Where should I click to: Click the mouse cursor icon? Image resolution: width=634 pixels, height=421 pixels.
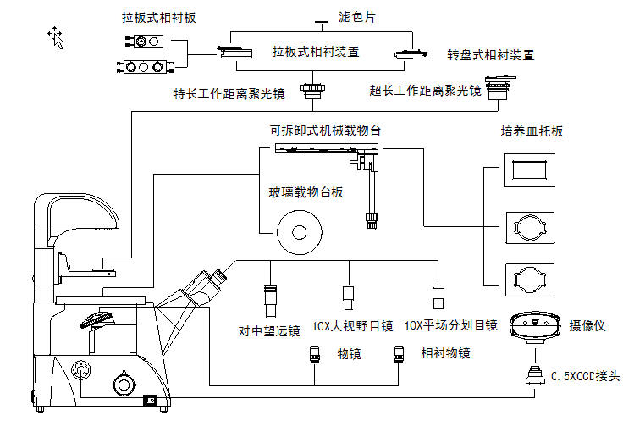[56, 38]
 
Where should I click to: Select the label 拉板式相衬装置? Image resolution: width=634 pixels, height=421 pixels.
[316, 52]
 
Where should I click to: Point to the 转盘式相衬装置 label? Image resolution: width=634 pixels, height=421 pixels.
[491, 55]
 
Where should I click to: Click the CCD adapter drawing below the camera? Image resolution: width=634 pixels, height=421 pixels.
[535, 375]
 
